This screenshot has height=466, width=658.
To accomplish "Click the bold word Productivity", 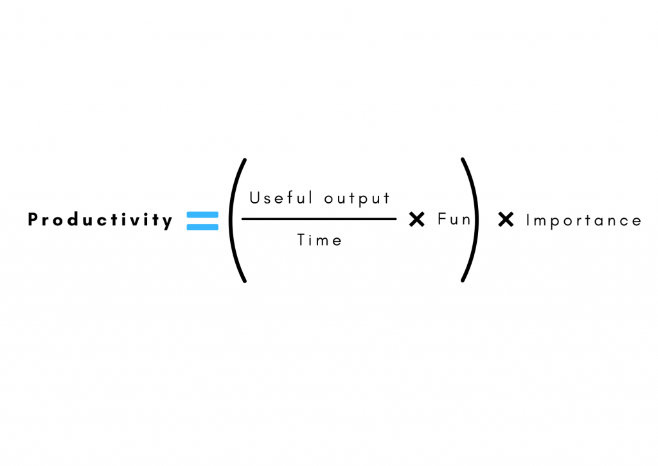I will point(100,221).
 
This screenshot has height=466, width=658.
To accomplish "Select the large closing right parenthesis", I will point(470,220).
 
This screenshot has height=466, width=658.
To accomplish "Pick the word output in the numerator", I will point(357,199).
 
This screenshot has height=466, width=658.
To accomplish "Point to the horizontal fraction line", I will point(319,219).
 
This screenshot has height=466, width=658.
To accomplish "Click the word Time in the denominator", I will point(319,240).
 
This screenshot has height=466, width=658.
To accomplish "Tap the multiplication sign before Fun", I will point(417,220).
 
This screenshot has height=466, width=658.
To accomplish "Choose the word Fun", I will point(454,220).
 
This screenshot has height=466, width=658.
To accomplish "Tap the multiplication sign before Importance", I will point(506,220).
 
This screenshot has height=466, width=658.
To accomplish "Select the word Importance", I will point(583,220).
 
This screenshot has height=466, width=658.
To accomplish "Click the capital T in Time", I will point(301,240).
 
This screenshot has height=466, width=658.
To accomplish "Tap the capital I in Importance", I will point(528,220).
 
